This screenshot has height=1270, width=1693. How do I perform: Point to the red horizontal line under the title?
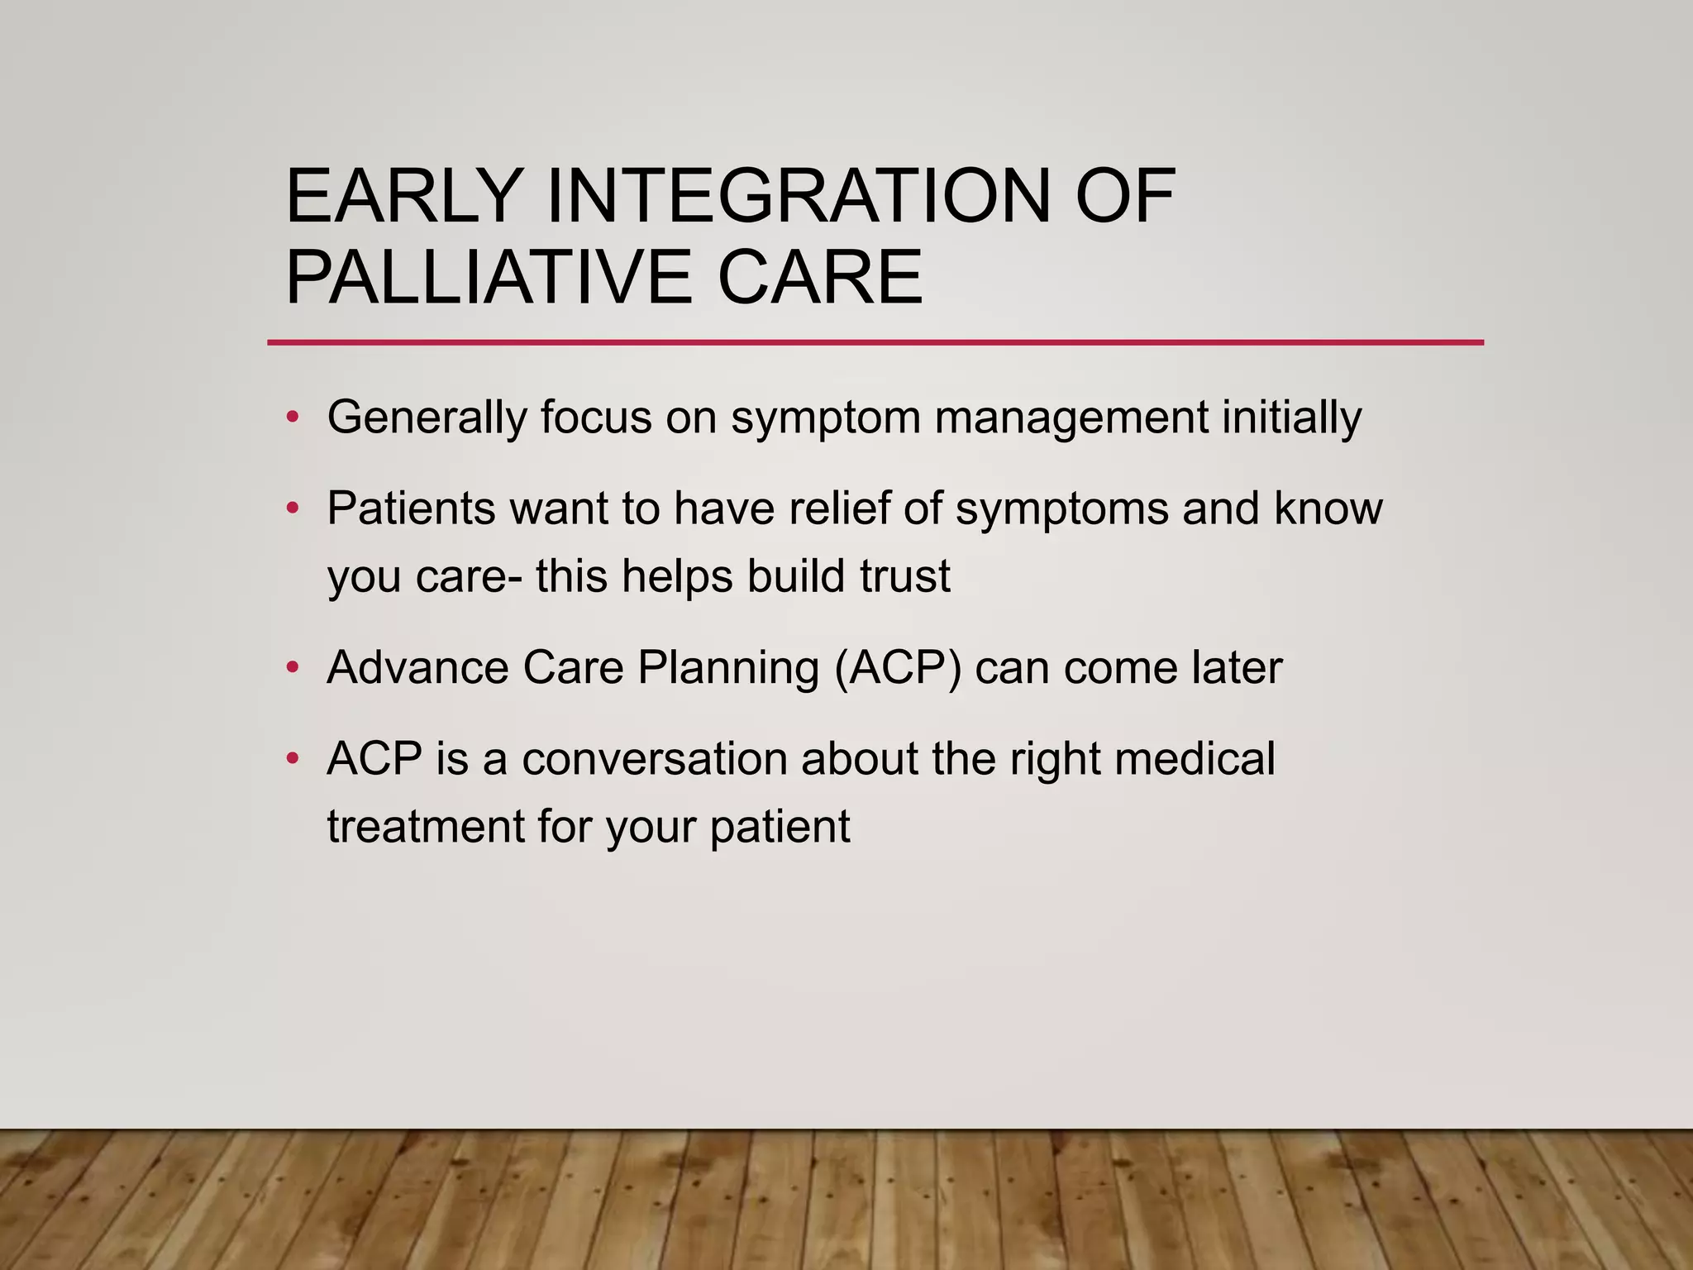(875, 342)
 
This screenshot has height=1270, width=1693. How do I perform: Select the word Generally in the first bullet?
(427, 417)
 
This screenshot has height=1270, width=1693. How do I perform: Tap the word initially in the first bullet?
(1291, 417)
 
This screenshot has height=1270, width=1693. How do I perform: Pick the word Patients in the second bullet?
(411, 508)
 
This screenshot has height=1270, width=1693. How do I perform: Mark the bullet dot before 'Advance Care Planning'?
(291, 667)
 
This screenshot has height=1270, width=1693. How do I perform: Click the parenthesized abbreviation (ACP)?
(898, 667)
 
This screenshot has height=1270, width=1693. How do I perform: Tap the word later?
(1237, 667)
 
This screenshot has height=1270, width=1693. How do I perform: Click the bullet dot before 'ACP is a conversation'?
(291, 758)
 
